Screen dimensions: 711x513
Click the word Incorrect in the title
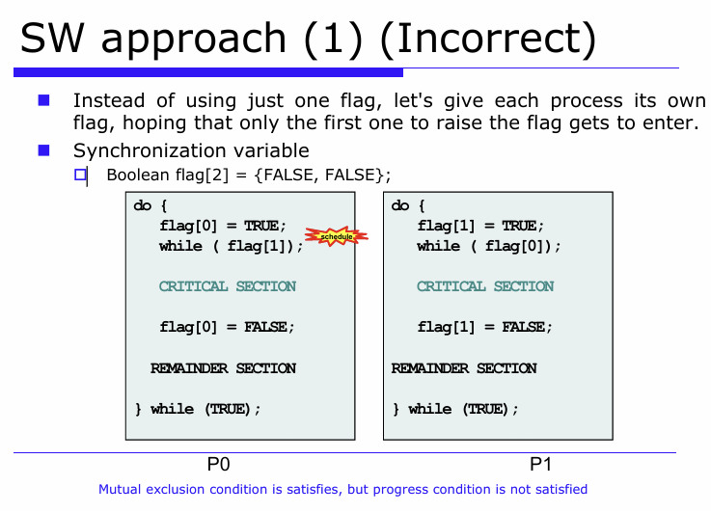494,39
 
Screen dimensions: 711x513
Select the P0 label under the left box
219,465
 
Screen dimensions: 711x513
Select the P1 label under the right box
540,465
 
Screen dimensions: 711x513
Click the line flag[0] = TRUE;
223,226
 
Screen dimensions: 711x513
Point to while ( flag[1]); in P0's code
232,246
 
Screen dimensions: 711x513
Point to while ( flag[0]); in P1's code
489,246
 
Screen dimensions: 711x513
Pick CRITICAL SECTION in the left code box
228,286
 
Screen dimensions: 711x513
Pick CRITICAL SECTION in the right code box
485,286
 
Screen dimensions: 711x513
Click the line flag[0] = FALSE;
227,327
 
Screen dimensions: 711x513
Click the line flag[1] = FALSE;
484,327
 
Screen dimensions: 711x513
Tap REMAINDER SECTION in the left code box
223,368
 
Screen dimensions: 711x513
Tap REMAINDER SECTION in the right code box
464,368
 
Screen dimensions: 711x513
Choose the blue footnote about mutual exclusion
342,490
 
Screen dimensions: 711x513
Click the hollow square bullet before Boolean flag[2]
81,175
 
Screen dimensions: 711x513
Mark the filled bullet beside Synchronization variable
43,149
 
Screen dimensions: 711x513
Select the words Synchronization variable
191,150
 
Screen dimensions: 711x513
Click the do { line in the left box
150,205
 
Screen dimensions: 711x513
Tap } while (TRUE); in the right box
455,409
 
